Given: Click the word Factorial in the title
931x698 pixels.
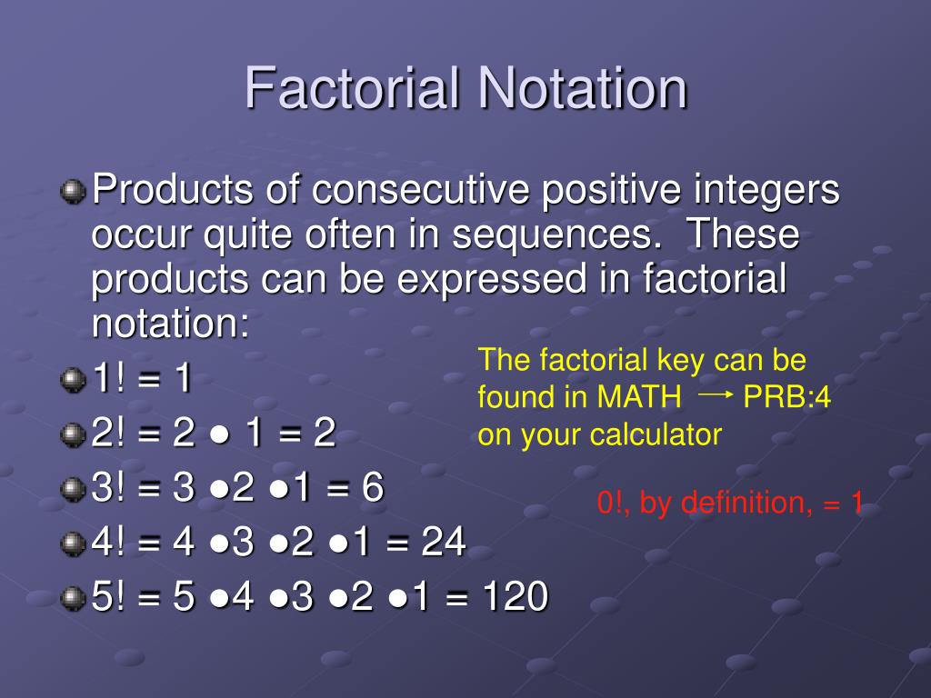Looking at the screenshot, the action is click(353, 88).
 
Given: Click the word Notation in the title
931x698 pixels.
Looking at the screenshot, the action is click(583, 88).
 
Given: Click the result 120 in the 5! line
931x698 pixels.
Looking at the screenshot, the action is click(515, 596).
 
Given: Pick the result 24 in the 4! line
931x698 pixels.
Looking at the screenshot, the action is click(443, 542).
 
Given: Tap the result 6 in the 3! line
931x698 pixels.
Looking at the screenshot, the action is click(372, 487).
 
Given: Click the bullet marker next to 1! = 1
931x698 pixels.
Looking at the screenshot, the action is click(73, 379).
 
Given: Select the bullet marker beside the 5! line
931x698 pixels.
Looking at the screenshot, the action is click(73, 598).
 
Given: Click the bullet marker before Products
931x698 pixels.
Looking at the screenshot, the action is click(73, 191).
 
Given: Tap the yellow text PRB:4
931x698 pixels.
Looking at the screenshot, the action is click(786, 396).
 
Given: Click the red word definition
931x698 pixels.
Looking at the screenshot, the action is click(746, 503).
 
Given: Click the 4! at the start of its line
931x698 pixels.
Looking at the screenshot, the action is click(108, 542).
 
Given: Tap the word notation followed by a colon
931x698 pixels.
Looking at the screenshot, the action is click(170, 324).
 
